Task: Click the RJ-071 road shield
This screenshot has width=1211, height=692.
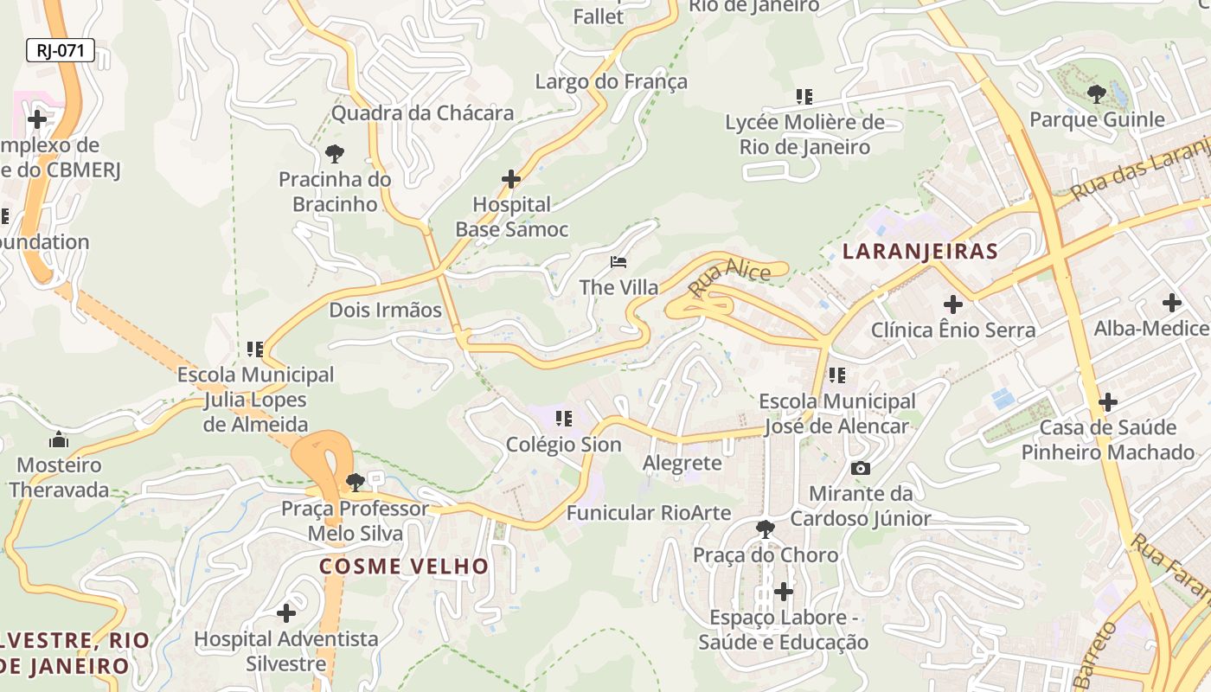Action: tap(60, 51)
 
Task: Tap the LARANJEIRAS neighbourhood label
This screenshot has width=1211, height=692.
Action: tap(920, 252)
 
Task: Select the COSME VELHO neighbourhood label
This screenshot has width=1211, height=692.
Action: tap(404, 567)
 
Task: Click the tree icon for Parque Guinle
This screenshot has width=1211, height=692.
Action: tap(1097, 93)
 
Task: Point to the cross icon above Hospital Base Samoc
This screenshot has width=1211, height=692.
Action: tap(511, 179)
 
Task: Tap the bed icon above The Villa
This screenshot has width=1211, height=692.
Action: tap(618, 261)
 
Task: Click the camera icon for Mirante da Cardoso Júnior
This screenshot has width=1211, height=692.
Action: tap(861, 468)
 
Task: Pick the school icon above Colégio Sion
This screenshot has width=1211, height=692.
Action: tap(564, 419)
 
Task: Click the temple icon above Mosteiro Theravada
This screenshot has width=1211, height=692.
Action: tap(59, 439)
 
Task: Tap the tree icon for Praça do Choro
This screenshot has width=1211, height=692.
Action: tap(765, 529)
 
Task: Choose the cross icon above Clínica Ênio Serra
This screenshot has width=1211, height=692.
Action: tap(953, 304)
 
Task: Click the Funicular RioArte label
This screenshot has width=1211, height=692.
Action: tap(649, 513)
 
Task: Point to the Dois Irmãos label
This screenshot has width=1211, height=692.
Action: tap(385, 310)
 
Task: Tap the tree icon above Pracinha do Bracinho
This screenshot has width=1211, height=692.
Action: tap(335, 154)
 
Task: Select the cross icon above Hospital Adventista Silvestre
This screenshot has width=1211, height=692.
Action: tap(286, 613)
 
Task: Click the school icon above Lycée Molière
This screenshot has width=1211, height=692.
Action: tap(804, 97)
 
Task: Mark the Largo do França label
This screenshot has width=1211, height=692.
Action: tap(611, 81)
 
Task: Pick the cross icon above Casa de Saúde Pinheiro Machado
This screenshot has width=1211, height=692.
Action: tap(1108, 402)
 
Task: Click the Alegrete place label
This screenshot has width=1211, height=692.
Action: tap(682, 463)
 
